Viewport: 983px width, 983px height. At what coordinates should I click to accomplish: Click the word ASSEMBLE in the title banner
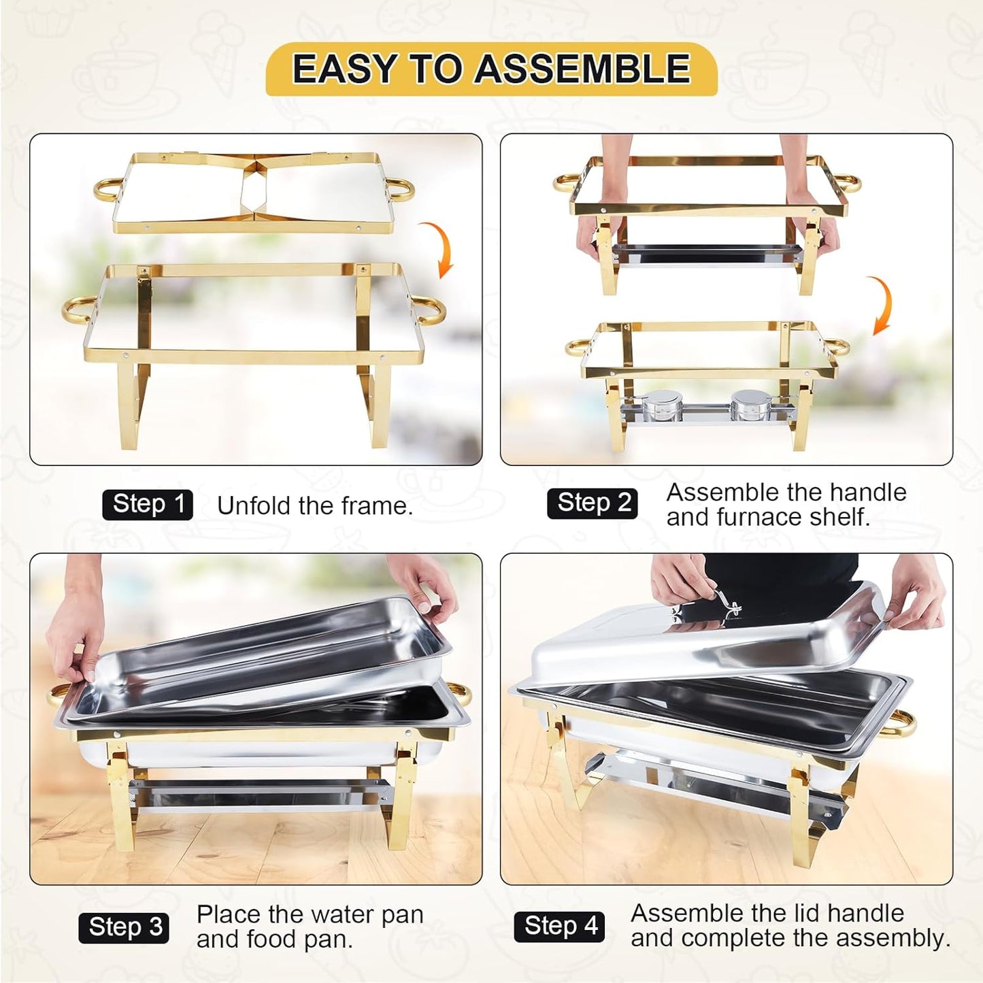click(x=582, y=69)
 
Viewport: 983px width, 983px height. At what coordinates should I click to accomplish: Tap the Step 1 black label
click(x=148, y=505)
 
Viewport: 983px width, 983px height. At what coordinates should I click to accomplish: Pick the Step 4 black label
click(x=560, y=927)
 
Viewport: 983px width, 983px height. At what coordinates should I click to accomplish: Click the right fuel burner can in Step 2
click(x=747, y=405)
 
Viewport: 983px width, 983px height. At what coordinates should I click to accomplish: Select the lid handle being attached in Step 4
click(x=725, y=603)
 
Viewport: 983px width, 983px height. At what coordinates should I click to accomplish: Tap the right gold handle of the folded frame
click(x=401, y=188)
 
